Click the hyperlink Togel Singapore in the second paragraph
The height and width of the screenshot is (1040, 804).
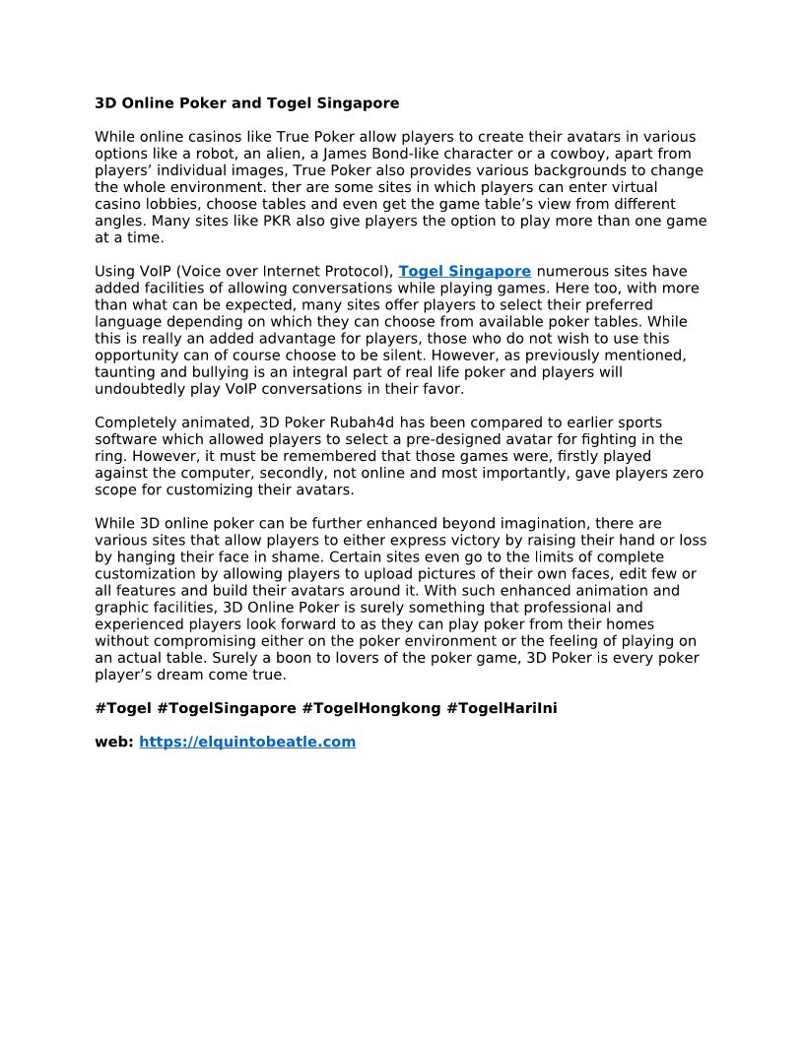click(x=464, y=272)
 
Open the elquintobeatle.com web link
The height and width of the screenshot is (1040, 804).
click(x=247, y=743)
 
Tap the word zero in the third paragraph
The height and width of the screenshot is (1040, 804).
click(x=687, y=474)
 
